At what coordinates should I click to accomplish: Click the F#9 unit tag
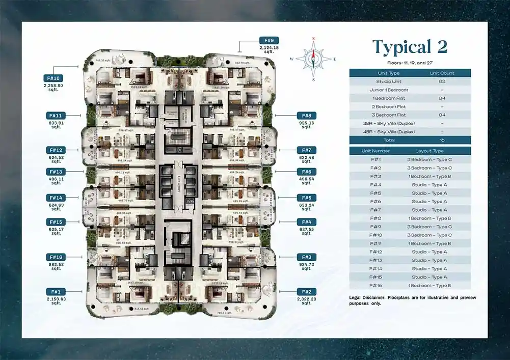pyautogui.click(x=269, y=40)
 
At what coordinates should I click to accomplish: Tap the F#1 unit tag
pyautogui.click(x=56, y=291)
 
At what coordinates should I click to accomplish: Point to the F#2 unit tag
pyautogui.click(x=306, y=291)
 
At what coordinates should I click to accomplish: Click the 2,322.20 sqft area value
pyautogui.click(x=306, y=301)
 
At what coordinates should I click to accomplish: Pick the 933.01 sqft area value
pyautogui.click(x=56, y=125)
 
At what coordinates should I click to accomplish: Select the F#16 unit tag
pyautogui.click(x=56, y=257)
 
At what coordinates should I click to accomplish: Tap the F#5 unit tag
pyautogui.click(x=306, y=198)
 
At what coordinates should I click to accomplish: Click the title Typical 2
pyautogui.click(x=410, y=47)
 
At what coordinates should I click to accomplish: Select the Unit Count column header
pyautogui.click(x=441, y=73)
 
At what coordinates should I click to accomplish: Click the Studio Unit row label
pyautogui.click(x=389, y=81)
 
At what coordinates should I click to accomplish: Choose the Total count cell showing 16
pyautogui.click(x=441, y=140)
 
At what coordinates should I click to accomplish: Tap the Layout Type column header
pyautogui.click(x=430, y=151)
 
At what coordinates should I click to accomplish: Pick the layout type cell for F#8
pyautogui.click(x=430, y=218)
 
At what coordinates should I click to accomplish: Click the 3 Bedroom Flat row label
pyautogui.click(x=389, y=115)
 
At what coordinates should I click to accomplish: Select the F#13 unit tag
pyautogui.click(x=56, y=172)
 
